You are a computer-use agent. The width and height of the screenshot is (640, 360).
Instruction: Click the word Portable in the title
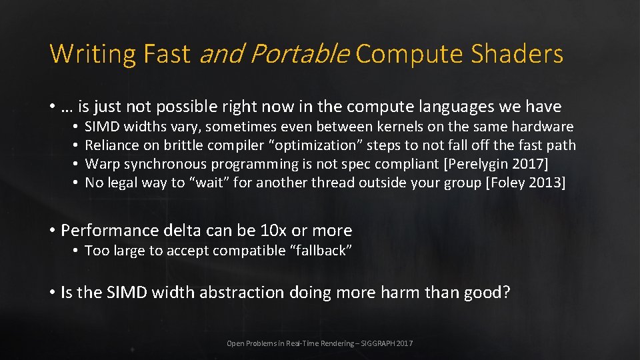tap(306, 54)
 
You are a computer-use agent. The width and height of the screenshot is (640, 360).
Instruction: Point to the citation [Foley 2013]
tap(525, 183)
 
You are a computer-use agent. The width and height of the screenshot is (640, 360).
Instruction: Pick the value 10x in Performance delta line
tap(274, 231)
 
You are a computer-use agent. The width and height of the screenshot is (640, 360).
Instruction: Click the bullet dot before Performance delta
tap(53, 231)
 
